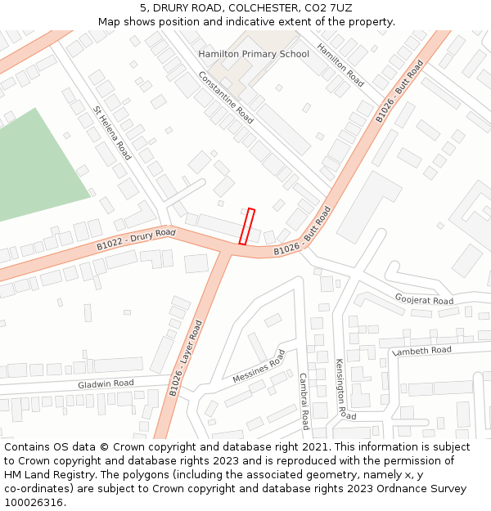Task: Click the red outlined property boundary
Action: [x=246, y=226]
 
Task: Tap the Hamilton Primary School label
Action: [x=254, y=54]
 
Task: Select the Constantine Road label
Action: [x=226, y=96]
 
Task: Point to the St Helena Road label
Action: [x=112, y=132]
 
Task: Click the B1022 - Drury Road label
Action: [x=136, y=240]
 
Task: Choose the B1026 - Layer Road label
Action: [x=186, y=358]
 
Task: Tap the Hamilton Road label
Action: [x=340, y=65]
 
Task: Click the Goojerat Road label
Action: [x=423, y=301]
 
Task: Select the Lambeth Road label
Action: [x=421, y=351]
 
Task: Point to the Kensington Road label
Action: [x=340, y=388]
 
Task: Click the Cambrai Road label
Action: [x=303, y=401]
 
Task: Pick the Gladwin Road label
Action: [x=106, y=383]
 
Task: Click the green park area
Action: [x=37, y=164]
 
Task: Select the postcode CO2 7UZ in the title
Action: [x=327, y=7]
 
